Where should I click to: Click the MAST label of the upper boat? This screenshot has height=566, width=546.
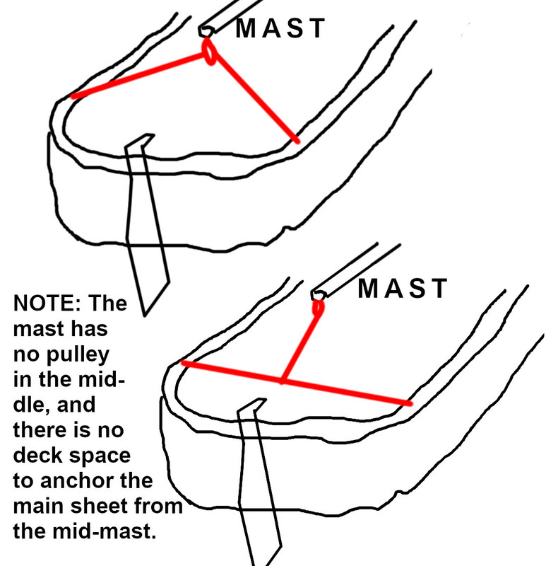pos(280,28)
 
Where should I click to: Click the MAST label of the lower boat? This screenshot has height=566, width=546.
pos(403,289)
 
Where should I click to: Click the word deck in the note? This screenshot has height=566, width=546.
pos(37,455)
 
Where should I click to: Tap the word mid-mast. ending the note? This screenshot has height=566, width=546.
pos(104,531)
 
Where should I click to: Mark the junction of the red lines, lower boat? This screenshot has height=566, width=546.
pos(283,381)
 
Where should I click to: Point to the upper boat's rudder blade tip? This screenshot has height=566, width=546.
pos(145,316)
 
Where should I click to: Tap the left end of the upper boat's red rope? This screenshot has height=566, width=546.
pos(73,96)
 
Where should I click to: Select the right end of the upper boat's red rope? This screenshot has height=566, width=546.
pos(297,141)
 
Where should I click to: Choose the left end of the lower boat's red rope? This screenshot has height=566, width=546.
pos(183,362)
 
